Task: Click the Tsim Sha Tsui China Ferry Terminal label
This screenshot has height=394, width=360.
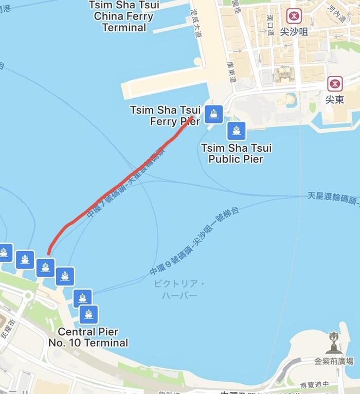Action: click(x=123, y=16)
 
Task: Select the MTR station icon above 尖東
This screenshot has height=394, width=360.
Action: click(x=335, y=83)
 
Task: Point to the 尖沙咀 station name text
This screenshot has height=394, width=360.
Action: click(x=294, y=32)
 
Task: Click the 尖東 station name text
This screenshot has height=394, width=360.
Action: click(x=334, y=99)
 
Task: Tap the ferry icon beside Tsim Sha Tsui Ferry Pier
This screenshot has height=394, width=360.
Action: click(x=213, y=114)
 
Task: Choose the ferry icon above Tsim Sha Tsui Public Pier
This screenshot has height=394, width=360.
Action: click(x=236, y=131)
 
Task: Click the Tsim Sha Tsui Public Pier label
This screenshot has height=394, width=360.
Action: click(x=236, y=153)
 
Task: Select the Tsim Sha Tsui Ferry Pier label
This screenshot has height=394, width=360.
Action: click(x=166, y=116)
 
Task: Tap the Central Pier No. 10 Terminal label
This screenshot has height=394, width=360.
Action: click(x=88, y=337)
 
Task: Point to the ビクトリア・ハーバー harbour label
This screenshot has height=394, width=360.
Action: click(x=179, y=290)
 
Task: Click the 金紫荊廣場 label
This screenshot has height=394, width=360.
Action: click(x=334, y=361)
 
